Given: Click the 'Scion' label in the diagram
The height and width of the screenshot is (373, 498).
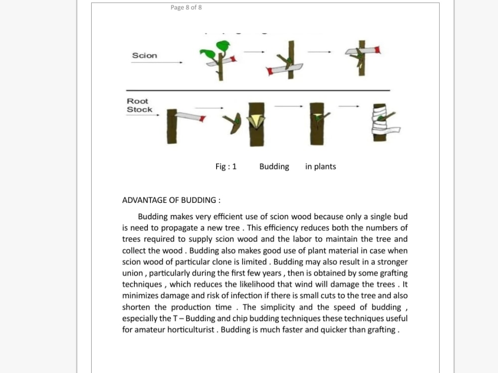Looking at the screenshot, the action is point(144,56).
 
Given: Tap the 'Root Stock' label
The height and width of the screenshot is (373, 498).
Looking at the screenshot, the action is point(139,105).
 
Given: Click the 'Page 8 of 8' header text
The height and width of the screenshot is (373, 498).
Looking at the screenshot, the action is point(186,7).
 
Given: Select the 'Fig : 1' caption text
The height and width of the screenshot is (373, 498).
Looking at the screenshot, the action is point(226,167).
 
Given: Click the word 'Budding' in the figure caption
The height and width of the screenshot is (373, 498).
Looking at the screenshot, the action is point(274,167).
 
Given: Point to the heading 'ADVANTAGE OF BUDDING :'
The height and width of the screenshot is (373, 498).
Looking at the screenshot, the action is point(171,200).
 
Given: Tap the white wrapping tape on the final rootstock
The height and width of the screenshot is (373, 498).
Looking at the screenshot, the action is point(385,123).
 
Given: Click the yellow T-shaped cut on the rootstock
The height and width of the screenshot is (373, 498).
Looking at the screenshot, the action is point(255,121).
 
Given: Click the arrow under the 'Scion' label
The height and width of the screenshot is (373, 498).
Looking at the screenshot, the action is point(157,63).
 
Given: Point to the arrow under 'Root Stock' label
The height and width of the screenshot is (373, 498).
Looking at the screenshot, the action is point(142,115).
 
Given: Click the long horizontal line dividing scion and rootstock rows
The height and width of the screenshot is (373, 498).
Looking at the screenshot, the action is point(258,91).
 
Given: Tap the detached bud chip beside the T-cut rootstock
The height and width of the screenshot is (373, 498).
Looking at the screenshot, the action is point(234,123).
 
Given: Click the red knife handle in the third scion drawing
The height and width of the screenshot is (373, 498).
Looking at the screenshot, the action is point(377,49).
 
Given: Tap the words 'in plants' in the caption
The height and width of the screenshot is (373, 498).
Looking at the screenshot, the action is point(320,167).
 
